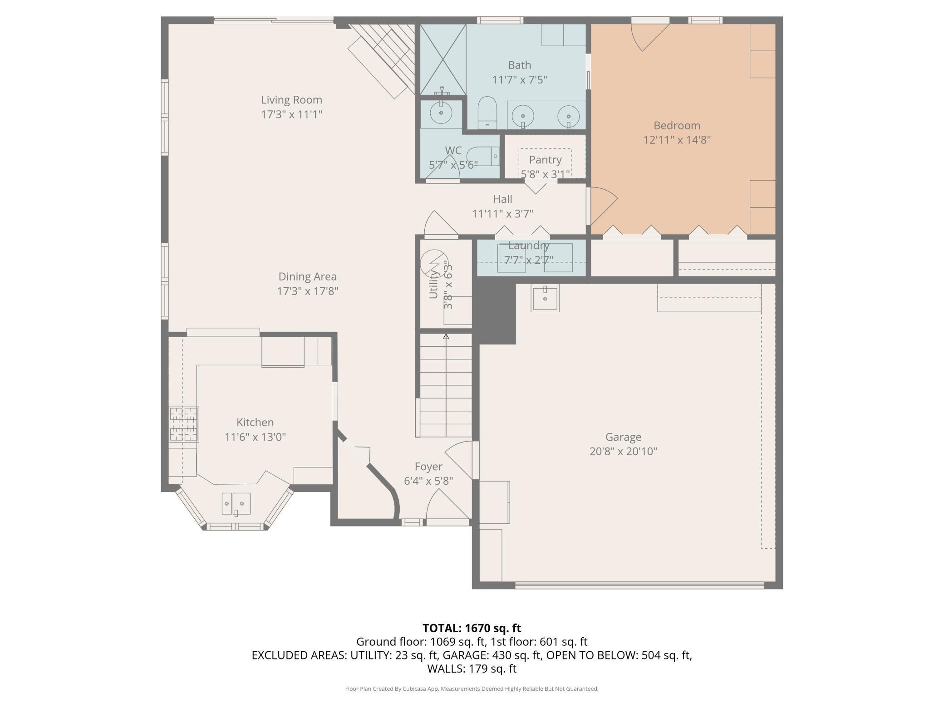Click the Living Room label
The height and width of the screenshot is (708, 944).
coord(291,100)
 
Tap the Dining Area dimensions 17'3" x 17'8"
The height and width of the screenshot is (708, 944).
coord(308,291)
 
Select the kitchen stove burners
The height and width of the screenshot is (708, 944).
coord(184,424)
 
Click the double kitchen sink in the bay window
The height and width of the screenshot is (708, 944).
coord(236,504)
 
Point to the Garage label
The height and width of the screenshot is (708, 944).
coord(623,437)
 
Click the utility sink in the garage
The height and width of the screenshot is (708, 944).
coord(545,298)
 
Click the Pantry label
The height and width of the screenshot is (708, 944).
coord(545,160)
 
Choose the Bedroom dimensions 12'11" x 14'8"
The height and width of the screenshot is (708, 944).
coord(677,140)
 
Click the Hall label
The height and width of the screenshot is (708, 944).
coord(502,199)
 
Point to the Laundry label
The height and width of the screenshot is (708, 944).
coord(529,246)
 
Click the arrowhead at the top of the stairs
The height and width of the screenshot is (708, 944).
coord(446,336)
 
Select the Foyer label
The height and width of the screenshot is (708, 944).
coord(428,467)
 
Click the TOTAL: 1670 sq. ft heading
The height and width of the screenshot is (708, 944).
coord(472,628)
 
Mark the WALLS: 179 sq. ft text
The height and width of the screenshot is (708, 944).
coord(472,669)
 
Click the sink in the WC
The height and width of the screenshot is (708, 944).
coord(440,113)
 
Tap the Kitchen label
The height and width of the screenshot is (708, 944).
coord(255,423)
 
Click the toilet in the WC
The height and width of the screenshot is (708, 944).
coord(483,156)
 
